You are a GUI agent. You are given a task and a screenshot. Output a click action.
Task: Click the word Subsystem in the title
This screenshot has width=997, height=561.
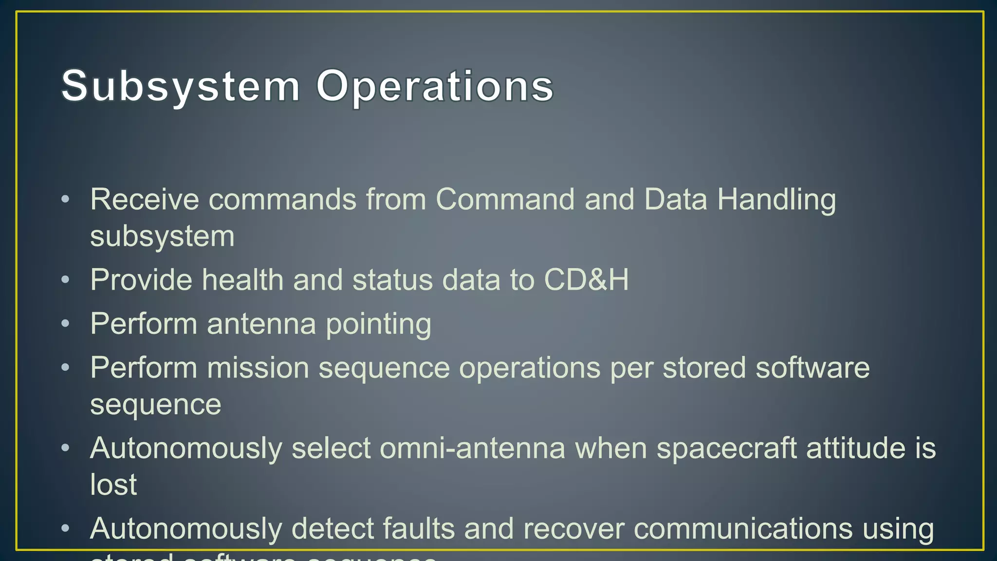181,86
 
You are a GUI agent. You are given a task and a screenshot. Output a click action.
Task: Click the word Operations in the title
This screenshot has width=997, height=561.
435,86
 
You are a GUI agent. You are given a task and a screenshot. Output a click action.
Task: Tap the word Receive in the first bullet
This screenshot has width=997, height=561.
145,199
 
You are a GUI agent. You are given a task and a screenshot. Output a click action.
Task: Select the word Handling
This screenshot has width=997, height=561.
776,199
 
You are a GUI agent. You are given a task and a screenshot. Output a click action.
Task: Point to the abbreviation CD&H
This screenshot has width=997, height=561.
586,280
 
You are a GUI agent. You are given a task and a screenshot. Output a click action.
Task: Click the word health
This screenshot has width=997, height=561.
242,280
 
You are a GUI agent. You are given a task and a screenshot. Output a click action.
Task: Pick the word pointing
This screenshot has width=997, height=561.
378,324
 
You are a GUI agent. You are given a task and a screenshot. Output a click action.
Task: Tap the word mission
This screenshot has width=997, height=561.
258,367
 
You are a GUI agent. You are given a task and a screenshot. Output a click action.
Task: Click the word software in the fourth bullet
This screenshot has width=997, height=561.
812,367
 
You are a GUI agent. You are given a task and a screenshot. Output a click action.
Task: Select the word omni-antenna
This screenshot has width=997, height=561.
472,448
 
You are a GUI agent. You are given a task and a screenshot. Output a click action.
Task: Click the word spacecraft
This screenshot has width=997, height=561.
726,448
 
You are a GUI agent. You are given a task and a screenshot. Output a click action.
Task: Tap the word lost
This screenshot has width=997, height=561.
113,484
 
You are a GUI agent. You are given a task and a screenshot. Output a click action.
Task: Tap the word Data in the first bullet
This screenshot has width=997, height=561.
675,199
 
